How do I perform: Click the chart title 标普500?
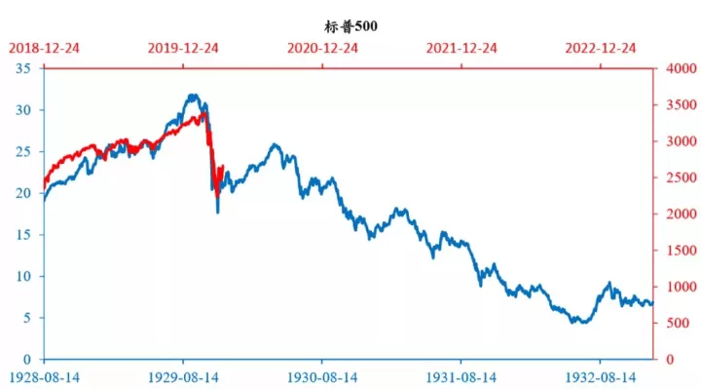pos(350,26)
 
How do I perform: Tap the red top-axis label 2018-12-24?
pos(44,49)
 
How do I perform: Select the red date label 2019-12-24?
pos(183,49)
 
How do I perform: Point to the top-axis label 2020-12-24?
pos(322,49)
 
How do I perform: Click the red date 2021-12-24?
pos(461,49)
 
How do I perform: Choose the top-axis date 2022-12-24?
pos(601,49)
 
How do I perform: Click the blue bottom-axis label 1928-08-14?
pos(44,378)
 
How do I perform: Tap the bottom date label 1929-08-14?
pos(183,378)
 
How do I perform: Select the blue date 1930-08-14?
pos(322,378)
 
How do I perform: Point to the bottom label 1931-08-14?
pos(461,378)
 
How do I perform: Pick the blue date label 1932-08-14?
pos(601,378)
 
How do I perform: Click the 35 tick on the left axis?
pos(23,68)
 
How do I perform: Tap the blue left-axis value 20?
pos(23,193)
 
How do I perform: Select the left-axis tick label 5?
pos(27,318)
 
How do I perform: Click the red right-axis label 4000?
pos(682,68)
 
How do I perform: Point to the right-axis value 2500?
pos(682,177)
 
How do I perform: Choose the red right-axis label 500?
pos(678,324)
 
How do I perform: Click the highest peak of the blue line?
pos(193,95)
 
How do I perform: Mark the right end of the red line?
pos(223,167)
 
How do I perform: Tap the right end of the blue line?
pos(652,303)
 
